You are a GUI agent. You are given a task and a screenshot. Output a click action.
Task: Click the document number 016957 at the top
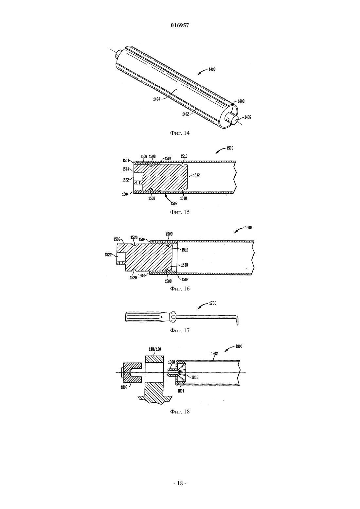(180, 26)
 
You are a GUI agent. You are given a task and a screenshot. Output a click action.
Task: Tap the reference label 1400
(212, 69)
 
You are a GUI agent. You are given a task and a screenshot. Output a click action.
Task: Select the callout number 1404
(156, 99)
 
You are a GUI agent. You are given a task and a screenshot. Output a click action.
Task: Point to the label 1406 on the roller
(248, 117)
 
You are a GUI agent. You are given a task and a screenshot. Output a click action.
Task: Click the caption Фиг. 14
(180, 133)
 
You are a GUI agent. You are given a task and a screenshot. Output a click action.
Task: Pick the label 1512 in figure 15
(196, 175)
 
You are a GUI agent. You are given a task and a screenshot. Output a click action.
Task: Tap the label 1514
(125, 169)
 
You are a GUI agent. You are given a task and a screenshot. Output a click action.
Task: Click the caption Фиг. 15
(180, 212)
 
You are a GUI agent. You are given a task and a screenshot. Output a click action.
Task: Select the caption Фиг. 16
(180, 289)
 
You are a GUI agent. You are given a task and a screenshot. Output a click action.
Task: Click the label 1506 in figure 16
(117, 239)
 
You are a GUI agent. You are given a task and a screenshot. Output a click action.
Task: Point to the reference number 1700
(212, 303)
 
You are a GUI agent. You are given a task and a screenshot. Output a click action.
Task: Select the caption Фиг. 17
(180, 330)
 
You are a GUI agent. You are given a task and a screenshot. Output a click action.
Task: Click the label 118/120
(155, 349)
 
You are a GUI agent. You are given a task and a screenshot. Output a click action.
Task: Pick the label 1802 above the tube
(214, 354)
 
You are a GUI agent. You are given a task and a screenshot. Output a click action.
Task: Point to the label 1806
(124, 387)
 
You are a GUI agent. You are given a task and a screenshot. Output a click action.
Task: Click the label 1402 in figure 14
(186, 114)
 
